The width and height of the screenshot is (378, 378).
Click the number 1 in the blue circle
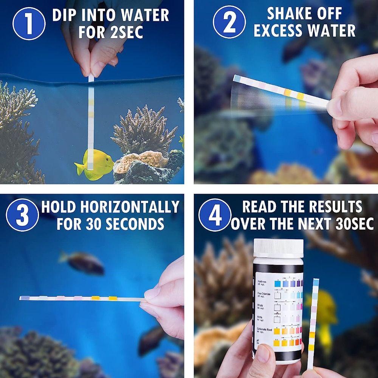(x=29, y=23)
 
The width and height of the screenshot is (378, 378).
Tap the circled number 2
(x=229, y=23)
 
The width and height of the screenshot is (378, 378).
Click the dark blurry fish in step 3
(x=82, y=262)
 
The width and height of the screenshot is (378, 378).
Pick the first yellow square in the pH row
(x=277, y=344)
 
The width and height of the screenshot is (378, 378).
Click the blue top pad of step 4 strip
(x=316, y=282)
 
